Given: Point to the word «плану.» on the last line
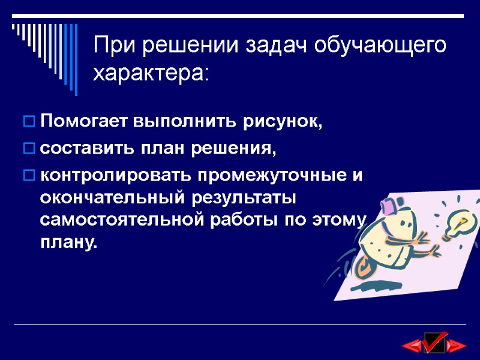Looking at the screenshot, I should coord(68,242).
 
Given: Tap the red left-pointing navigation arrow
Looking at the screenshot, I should coord(412,346).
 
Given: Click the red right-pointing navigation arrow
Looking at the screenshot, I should coord(457,346).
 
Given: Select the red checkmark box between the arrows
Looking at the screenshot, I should coord(434,342).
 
